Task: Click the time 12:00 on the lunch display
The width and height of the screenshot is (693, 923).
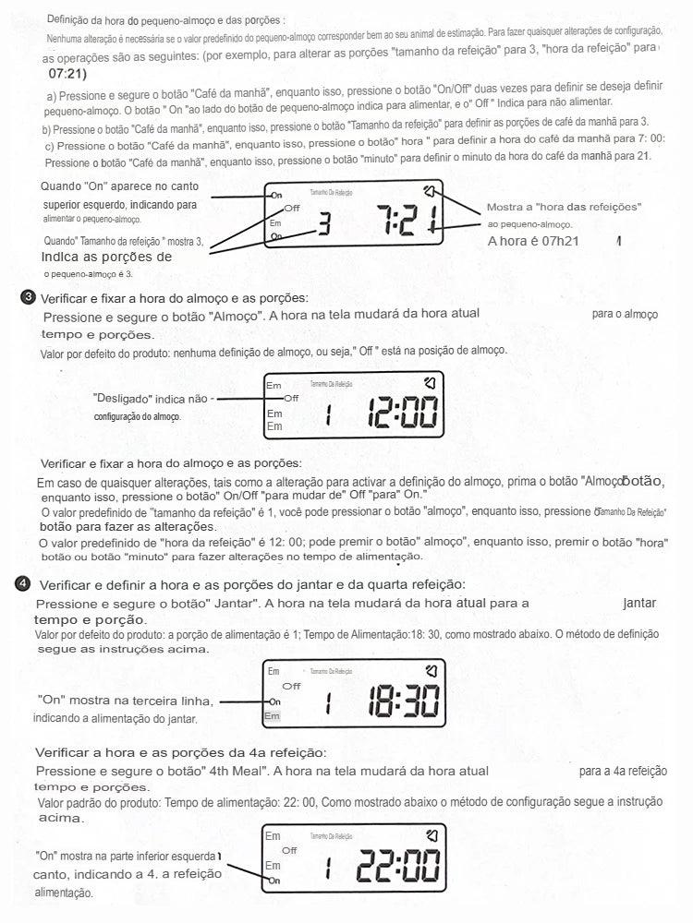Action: click(403, 414)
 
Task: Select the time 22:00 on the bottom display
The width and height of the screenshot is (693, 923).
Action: click(398, 866)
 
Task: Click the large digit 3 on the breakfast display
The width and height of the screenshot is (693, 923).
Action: click(324, 222)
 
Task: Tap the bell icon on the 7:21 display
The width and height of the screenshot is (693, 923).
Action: click(430, 192)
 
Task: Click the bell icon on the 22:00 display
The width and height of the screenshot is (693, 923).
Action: click(430, 836)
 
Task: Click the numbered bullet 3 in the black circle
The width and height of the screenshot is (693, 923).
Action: click(27, 297)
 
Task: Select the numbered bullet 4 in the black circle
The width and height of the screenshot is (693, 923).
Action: click(23, 583)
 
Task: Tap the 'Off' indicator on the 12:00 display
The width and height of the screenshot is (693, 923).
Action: click(290, 398)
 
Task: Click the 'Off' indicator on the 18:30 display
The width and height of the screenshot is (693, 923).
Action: click(291, 686)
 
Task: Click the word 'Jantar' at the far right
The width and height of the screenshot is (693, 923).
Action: click(639, 603)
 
